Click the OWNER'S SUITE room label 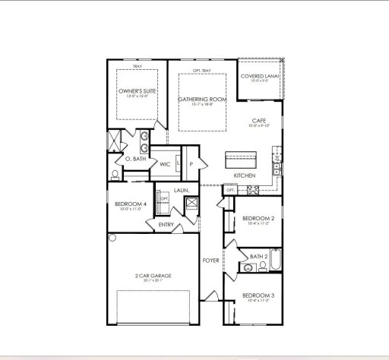(137, 93)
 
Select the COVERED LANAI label (260, 77)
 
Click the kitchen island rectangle (242, 160)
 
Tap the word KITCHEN (244, 175)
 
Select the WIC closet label (164, 163)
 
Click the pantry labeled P (191, 163)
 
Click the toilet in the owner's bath (115, 174)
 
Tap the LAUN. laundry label (181, 190)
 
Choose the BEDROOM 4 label (129, 204)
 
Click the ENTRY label (166, 224)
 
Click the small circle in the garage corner (112, 238)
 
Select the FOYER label (210, 261)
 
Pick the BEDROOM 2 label (258, 219)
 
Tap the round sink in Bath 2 (243, 267)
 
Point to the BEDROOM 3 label (258, 295)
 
